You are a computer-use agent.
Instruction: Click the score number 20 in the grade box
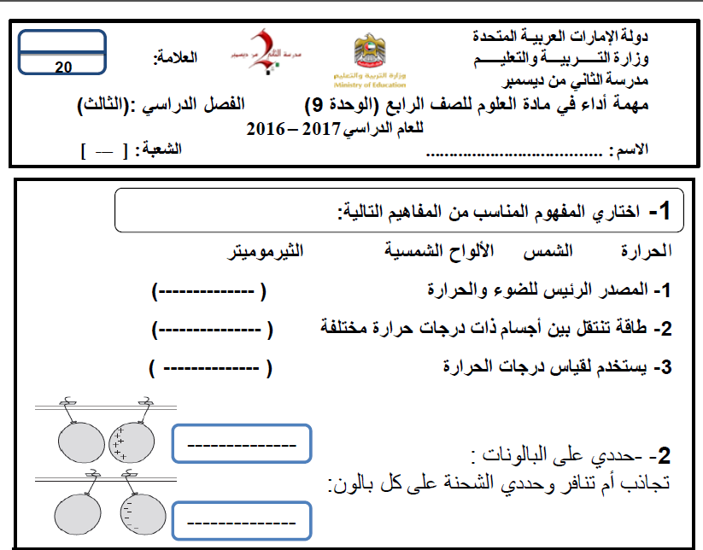point(63,67)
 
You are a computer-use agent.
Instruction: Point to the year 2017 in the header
point(318,129)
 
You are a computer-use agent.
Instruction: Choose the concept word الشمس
point(553,250)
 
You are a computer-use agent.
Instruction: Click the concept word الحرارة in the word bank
point(646,251)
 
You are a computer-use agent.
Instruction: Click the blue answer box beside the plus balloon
point(242,445)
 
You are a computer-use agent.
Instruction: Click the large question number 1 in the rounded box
point(664,211)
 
